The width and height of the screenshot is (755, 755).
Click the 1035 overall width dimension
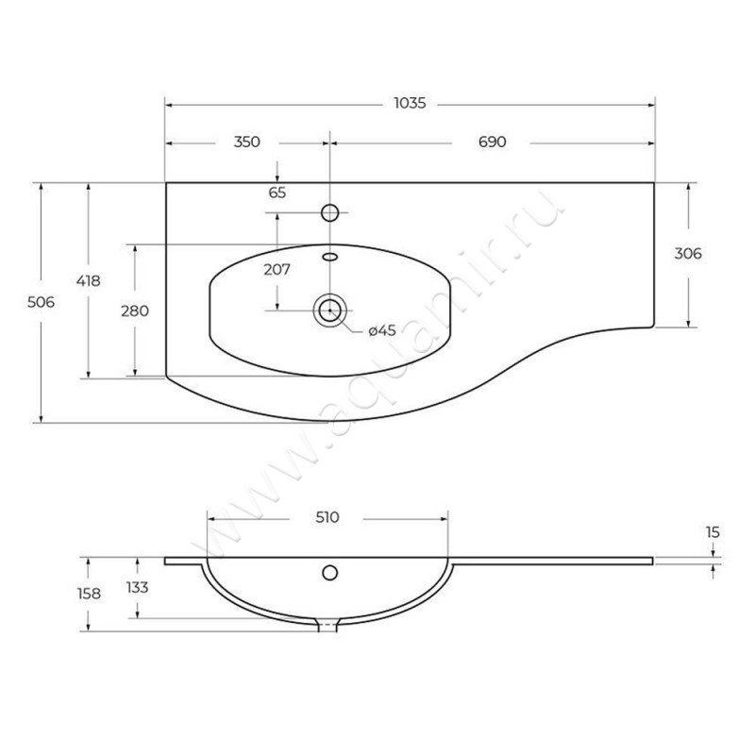(410, 103)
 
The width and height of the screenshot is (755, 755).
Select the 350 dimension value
(247, 142)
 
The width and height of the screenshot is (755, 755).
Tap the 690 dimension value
(492, 142)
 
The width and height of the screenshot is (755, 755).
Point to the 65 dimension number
(277, 193)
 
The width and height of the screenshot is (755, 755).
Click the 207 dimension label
(277, 269)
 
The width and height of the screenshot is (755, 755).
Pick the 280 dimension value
(135, 311)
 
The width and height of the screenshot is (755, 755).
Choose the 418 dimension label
(88, 280)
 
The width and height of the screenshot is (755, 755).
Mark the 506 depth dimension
(41, 302)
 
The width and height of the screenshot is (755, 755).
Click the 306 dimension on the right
(688, 253)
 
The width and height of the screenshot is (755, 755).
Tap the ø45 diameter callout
(382, 330)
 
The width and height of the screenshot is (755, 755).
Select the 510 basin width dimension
(327, 517)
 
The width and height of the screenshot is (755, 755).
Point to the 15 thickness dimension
(713, 532)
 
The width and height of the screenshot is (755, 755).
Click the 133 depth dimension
(137, 587)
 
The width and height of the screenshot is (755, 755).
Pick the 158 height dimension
(89, 594)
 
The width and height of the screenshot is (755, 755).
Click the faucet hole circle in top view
(329, 212)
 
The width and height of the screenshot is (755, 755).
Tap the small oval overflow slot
(329, 257)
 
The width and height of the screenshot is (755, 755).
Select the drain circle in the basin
(329, 310)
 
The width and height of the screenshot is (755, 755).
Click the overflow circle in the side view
(329, 573)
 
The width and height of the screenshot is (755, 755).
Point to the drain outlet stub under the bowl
(328, 625)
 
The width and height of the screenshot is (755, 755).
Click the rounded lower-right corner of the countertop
(652, 326)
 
